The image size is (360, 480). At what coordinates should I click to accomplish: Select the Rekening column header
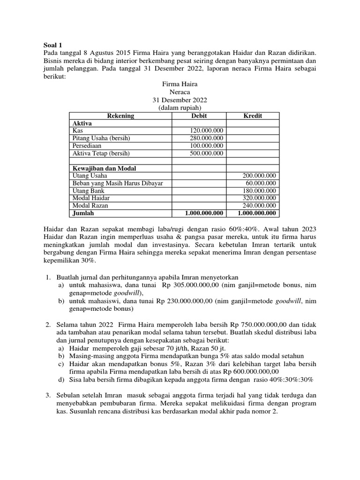pos(120,116)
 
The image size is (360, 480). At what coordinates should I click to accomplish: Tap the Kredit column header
pos(253,116)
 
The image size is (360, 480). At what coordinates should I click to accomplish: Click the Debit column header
pos(199,116)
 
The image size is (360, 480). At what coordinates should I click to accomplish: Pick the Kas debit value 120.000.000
pos(207,130)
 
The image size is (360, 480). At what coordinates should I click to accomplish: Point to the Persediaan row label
pos(88,146)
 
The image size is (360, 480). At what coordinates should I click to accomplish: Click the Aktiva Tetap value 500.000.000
pos(207,153)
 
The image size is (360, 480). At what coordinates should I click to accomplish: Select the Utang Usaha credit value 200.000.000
pos(259,176)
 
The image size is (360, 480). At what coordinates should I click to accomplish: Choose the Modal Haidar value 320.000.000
pos(259,198)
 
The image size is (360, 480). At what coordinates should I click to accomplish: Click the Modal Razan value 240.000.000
pos(259,206)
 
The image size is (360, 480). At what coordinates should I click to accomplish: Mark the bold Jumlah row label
pos(83,213)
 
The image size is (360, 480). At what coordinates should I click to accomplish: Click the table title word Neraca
pos(180,92)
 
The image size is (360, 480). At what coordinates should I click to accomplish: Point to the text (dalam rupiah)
pos(180,108)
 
